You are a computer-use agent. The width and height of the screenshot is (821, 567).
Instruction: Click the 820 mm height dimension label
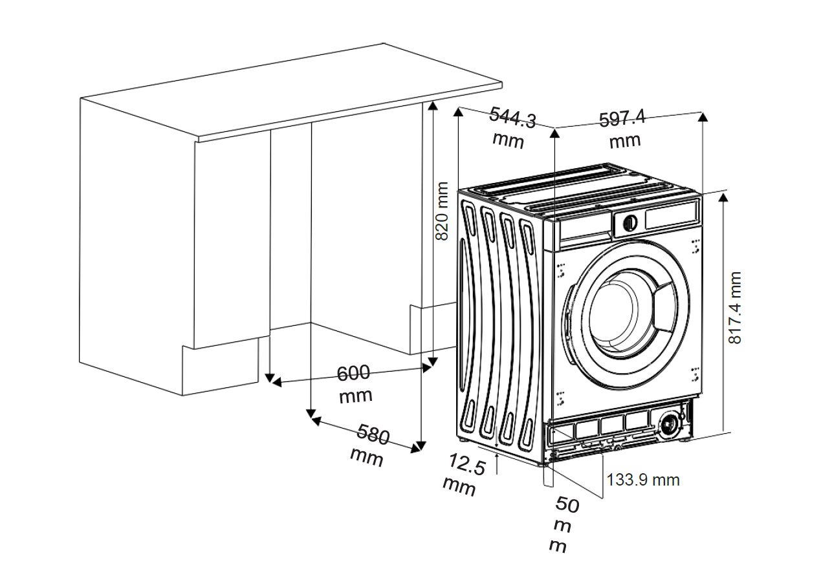[443, 211]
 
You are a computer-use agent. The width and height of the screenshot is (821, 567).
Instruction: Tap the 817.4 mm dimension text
[735, 308]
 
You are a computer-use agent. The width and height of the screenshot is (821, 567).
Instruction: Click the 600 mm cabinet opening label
[355, 383]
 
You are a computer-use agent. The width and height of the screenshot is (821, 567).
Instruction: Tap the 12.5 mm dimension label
[464, 474]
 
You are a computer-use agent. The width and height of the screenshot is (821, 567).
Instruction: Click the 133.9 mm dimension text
[643, 480]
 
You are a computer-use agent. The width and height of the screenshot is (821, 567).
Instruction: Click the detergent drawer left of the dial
[585, 228]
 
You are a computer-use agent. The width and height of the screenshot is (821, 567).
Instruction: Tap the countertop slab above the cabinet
[291, 91]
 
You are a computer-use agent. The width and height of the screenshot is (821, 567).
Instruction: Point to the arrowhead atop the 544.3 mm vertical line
[458, 113]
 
